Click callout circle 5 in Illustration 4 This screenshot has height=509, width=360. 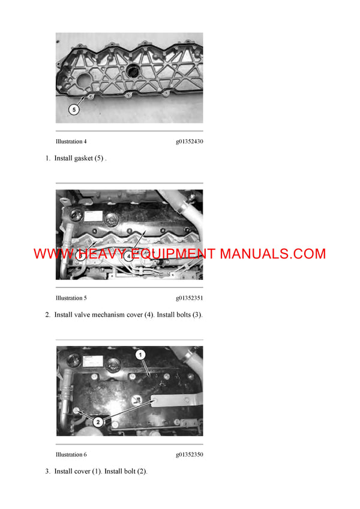[x=74, y=110]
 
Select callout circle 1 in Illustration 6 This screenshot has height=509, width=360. [x=140, y=356]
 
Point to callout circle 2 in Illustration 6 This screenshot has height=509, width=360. [x=98, y=421]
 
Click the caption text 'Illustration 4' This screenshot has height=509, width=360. [x=71, y=142]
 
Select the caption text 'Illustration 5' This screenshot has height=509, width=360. [x=71, y=298]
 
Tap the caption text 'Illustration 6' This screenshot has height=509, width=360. [x=71, y=455]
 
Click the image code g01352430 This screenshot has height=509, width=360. [x=189, y=142]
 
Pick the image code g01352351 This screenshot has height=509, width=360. [x=189, y=298]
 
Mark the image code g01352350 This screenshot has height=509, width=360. [x=189, y=455]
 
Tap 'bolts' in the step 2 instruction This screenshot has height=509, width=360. [x=180, y=315]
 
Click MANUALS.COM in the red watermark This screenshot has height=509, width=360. [x=272, y=254]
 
